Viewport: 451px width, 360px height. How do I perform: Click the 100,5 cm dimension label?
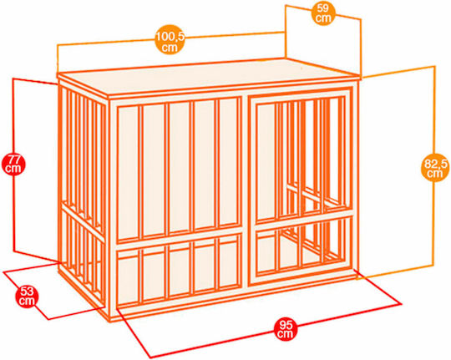(x=170, y=39)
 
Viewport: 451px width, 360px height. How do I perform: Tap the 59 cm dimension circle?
(x=323, y=13)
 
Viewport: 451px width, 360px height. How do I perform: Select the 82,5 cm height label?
(x=435, y=169)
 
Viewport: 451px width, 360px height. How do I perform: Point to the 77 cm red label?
(x=13, y=164)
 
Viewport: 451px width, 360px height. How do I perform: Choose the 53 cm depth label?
(x=27, y=297)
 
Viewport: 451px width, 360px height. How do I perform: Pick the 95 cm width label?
(x=285, y=329)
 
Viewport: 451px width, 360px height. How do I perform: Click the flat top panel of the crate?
(x=208, y=75)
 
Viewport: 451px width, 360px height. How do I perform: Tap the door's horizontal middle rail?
(x=304, y=218)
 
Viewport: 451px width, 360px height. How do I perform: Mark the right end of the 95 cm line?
(x=401, y=303)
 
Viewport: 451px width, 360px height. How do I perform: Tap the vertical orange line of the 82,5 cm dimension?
(x=434, y=165)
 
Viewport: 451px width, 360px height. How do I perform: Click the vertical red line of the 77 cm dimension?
(x=13, y=165)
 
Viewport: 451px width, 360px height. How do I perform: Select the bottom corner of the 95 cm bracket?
(x=150, y=357)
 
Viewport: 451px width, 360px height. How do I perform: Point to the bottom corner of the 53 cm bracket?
(x=48, y=319)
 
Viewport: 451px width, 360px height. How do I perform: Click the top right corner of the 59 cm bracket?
(x=361, y=19)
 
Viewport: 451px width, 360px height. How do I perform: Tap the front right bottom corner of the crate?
(x=357, y=276)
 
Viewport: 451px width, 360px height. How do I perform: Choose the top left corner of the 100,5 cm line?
(x=58, y=45)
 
